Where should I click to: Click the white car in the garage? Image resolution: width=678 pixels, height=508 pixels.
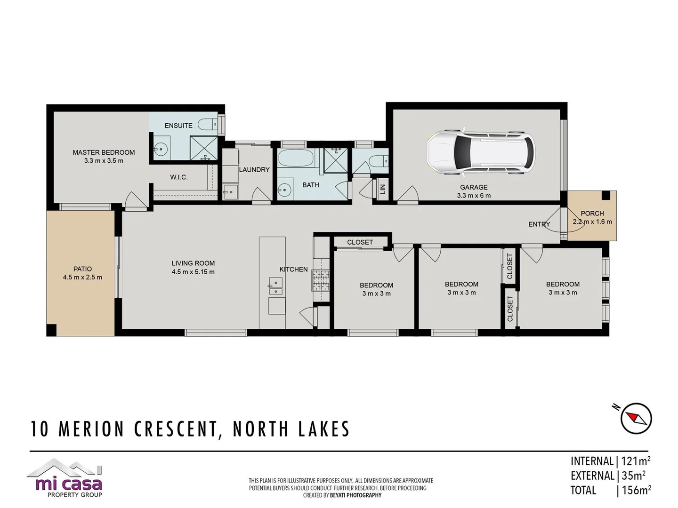click(481, 151)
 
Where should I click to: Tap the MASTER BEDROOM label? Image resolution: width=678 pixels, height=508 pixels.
click(104, 152)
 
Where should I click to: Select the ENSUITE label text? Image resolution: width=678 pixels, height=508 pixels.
click(178, 126)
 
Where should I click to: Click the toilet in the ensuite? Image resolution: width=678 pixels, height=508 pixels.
click(208, 125)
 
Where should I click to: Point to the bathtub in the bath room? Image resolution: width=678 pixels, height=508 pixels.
click(295, 158)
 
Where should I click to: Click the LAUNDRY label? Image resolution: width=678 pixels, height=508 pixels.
click(254, 170)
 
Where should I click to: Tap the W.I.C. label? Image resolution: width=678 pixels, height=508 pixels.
click(179, 177)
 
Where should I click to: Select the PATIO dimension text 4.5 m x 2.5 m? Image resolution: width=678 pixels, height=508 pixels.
click(82, 278)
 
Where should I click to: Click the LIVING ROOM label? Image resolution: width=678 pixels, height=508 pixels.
click(193, 263)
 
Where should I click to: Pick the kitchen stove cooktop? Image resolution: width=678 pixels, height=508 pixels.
click(321, 280)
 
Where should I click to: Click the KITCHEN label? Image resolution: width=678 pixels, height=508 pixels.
click(293, 270)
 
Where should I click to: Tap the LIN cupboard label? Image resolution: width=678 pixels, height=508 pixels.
click(382, 189)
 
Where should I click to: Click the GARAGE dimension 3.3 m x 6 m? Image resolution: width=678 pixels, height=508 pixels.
click(474, 196)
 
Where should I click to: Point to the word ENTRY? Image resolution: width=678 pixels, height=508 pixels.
click(539, 224)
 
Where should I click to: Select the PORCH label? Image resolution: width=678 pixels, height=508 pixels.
click(592, 214)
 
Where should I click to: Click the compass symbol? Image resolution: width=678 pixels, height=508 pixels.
click(636, 418)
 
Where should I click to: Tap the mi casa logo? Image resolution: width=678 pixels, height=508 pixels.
click(66, 479)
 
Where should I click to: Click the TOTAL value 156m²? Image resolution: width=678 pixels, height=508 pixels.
click(636, 490)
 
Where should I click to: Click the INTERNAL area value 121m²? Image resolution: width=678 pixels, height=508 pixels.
click(636, 461)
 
